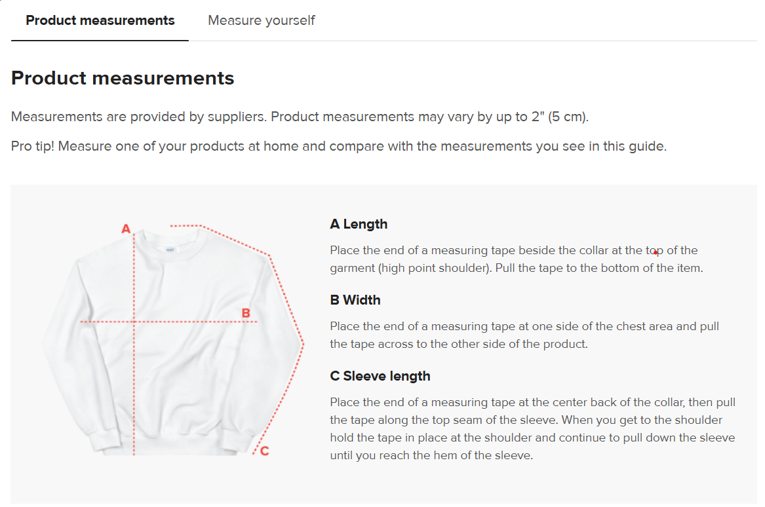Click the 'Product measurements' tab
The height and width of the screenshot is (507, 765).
click(x=100, y=20)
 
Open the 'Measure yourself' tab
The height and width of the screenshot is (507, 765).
click(x=262, y=20)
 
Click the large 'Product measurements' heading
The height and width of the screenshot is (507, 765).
click(x=123, y=78)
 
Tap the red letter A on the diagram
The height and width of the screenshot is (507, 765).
click(x=126, y=229)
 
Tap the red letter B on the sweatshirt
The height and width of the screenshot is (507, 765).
click(x=246, y=313)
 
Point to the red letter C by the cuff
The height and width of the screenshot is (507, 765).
click(x=264, y=451)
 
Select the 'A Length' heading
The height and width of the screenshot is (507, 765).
click(x=359, y=224)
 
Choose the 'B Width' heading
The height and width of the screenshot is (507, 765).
click(x=355, y=300)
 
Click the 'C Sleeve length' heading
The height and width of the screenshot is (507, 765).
click(x=380, y=377)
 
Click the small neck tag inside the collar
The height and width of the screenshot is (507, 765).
click(x=170, y=250)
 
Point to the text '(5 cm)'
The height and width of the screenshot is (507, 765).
click(x=568, y=117)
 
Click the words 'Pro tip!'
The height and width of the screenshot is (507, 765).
click(x=32, y=146)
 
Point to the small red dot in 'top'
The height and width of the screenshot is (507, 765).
click(x=656, y=253)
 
